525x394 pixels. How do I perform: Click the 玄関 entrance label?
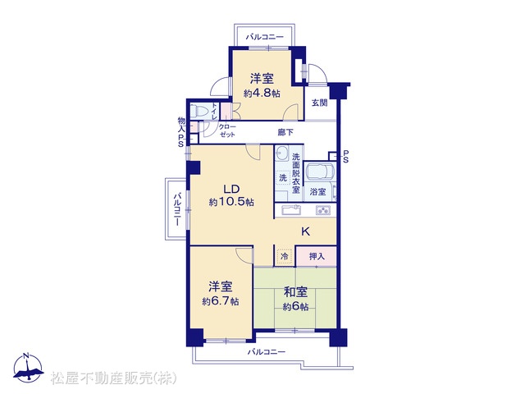tap(319, 103)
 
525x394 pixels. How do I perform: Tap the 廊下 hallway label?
tap(285, 132)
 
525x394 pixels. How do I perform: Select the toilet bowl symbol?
tap(199, 111)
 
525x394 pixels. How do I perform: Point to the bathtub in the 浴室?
tap(321, 172)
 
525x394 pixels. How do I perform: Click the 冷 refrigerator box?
tap(285, 257)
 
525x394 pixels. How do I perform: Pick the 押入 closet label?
tap(317, 256)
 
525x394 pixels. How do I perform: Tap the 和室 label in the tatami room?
tap(295, 292)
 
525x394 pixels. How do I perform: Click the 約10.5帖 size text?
tap(231, 202)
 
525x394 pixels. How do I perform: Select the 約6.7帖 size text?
tap(221, 301)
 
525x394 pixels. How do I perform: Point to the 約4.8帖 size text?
tap(262, 93)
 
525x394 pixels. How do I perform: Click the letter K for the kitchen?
tap(305, 231)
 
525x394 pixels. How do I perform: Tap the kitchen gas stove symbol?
tap(323, 210)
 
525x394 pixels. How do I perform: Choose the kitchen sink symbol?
tap(291, 210)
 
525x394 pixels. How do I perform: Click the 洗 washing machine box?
tap(283, 177)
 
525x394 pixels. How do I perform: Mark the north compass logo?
tap(29, 368)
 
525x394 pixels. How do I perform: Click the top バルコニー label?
tap(264, 36)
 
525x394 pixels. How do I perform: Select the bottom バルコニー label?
tap(266, 352)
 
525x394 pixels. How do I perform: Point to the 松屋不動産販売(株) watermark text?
tap(113, 378)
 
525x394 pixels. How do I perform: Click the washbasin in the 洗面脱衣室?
tap(283, 153)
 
